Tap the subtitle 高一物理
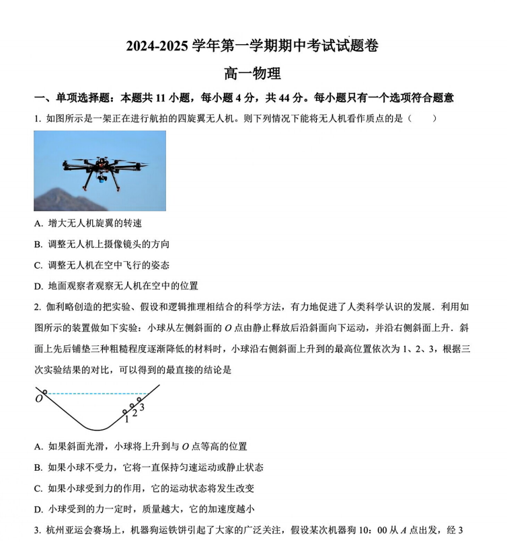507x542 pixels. coord(252,73)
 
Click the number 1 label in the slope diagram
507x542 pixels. coord(126,419)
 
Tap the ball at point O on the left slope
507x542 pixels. coord(45,392)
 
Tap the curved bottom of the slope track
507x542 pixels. coord(100,428)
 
